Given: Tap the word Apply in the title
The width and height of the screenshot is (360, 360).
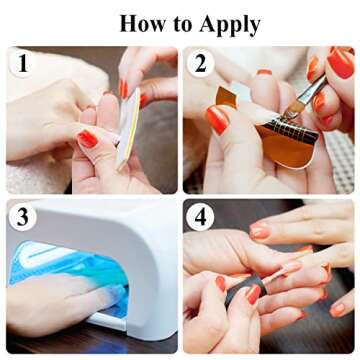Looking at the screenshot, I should coord(227,24).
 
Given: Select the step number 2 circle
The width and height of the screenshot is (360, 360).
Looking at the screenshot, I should coord(201,65).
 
